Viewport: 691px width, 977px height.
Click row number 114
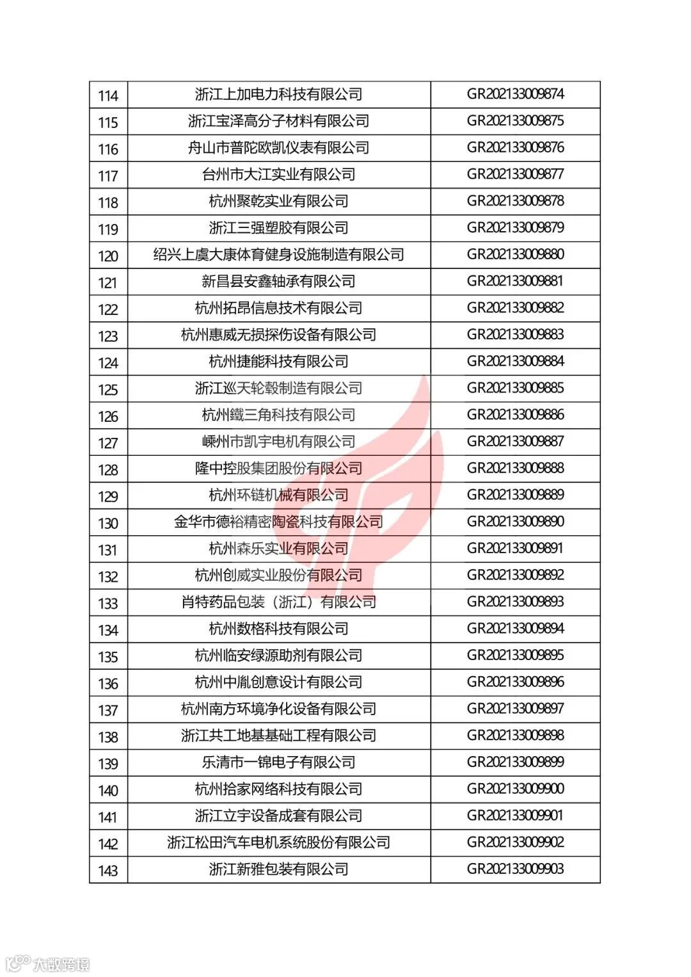108,95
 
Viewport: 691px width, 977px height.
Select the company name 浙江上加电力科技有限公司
279,95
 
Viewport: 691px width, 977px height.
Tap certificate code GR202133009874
515,94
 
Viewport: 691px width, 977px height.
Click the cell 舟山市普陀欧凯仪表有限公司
279,148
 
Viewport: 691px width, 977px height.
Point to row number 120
108,256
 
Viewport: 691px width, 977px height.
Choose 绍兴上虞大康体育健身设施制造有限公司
279,255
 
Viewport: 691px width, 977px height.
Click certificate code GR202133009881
515,281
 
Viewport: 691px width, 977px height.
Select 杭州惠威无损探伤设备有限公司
279,335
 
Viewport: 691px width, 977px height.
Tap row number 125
108,389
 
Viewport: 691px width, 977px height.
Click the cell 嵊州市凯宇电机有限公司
279,442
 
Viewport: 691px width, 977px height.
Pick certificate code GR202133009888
515,468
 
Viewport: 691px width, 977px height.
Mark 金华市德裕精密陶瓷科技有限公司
279,522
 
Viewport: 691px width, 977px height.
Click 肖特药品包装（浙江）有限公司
279,602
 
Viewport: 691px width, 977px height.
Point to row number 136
108,683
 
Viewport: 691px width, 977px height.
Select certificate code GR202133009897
515,709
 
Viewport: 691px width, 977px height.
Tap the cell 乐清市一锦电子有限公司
279,763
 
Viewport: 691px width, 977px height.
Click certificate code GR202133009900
515,789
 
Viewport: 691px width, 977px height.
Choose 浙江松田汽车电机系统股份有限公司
279,843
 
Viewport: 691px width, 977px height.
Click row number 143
108,870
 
